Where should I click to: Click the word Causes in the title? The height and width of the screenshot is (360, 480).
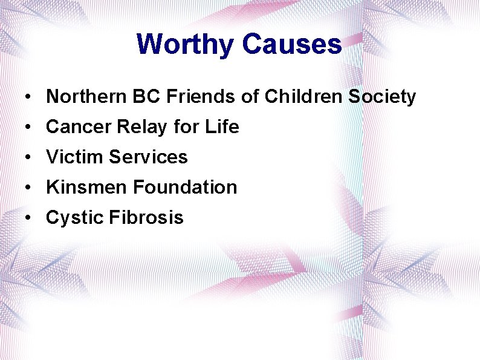pyautogui.click(x=292, y=44)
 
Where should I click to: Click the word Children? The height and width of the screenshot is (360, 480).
pyautogui.click(x=290, y=97)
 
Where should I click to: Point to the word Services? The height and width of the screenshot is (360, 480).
pyautogui.click(x=148, y=157)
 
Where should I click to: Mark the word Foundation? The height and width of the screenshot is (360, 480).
pyautogui.click(x=185, y=188)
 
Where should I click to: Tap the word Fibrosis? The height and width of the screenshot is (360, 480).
pyautogui.click(x=146, y=218)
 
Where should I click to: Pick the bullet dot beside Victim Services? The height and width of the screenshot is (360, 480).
pyautogui.click(x=28, y=158)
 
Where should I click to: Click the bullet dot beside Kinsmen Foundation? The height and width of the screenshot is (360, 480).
pyautogui.click(x=28, y=188)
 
